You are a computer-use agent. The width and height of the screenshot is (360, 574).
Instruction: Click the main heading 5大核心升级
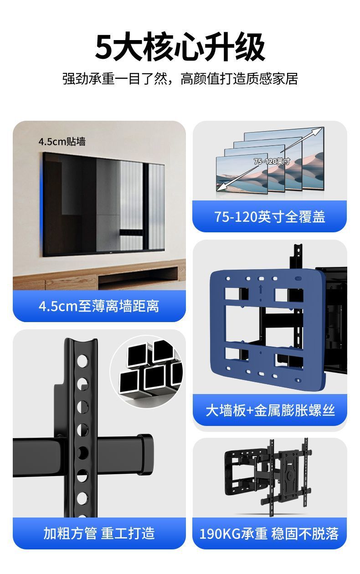pos(180,47)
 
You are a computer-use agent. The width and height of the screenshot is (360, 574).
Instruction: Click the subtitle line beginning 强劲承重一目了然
pos(180,79)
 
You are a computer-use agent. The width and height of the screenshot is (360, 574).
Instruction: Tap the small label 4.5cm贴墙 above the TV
pos(62,142)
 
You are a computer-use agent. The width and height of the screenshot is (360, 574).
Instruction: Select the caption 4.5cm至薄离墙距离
pos(99,306)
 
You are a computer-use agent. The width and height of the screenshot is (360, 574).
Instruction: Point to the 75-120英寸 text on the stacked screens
pos(272,162)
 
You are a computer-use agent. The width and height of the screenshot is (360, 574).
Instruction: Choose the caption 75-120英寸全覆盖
pos(270,217)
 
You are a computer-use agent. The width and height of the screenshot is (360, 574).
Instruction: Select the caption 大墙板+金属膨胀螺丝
pos(270,410)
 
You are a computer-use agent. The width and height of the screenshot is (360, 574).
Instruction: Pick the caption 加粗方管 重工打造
pos(99,533)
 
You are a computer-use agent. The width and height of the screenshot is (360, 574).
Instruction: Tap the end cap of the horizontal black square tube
pos(145,453)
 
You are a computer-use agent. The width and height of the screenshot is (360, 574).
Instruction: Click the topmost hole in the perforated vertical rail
pos(82,360)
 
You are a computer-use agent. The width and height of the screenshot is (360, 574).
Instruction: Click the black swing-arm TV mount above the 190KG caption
pos(268,476)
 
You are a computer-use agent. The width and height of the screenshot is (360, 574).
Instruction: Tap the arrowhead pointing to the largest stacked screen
pos(316,132)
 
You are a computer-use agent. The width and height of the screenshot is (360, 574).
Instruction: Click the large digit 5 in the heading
pos(103,47)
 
